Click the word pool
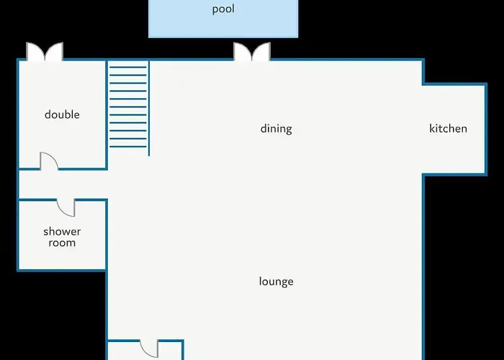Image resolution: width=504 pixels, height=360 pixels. pyautogui.click(x=223, y=9)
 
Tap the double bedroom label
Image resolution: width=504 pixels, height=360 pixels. pyautogui.click(x=62, y=114)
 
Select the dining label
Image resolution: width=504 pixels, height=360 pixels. pyautogui.click(x=276, y=129)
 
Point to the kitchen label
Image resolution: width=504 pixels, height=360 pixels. pyautogui.click(x=448, y=129)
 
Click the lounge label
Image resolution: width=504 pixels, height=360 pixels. pyautogui.click(x=276, y=282)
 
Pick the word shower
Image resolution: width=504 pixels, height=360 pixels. pyautogui.click(x=62, y=231)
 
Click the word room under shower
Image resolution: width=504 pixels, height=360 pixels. pyautogui.click(x=62, y=243)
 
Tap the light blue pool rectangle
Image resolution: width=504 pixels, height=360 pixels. pyautogui.click(x=223, y=19)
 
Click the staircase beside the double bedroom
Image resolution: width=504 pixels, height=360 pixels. pyautogui.click(x=128, y=107)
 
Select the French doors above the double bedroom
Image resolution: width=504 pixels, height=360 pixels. pyautogui.click(x=45, y=52)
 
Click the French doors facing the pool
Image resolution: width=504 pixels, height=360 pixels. pyautogui.click(x=252, y=52)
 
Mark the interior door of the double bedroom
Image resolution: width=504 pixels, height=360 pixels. pyautogui.click(x=49, y=161)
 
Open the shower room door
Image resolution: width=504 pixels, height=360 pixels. pyautogui.click(x=66, y=208)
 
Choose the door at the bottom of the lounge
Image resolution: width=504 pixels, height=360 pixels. pyautogui.click(x=149, y=348)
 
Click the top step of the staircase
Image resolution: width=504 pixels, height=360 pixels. pyautogui.click(x=128, y=67)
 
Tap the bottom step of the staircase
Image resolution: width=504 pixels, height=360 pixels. pyautogui.click(x=128, y=147)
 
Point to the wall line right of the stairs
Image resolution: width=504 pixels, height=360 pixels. pyautogui.click(x=149, y=108)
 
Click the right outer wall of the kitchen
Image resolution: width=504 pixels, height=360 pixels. pyautogui.click(x=486, y=129)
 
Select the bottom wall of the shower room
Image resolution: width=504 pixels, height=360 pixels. pyautogui.click(x=62, y=270)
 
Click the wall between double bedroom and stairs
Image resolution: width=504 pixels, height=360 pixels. pyautogui.click(x=107, y=114)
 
